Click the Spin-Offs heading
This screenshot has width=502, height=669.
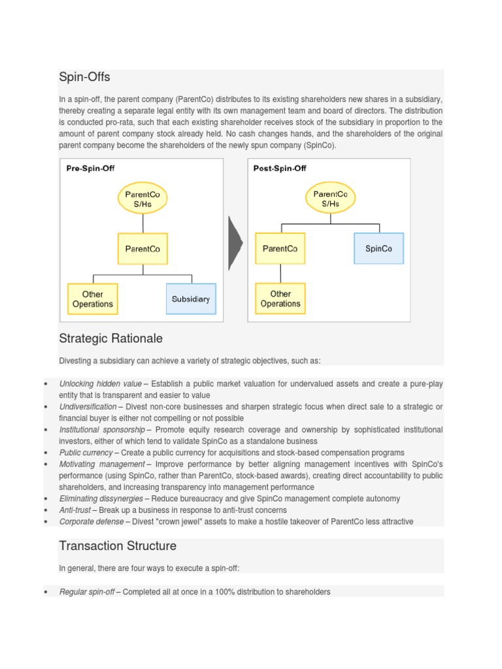click(84, 78)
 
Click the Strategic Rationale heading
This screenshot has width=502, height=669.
click(110, 338)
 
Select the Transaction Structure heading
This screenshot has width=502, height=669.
click(118, 546)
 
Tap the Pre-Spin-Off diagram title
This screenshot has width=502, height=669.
click(90, 168)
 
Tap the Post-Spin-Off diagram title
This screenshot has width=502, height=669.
click(280, 168)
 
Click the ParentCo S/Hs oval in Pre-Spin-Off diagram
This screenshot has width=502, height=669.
click(142, 199)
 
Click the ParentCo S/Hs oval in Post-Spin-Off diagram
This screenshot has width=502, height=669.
click(330, 199)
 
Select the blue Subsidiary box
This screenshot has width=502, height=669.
click(191, 299)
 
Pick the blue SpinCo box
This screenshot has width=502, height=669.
click(378, 248)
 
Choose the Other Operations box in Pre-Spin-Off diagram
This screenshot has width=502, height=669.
click(93, 299)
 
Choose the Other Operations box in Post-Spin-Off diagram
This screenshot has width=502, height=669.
click(280, 299)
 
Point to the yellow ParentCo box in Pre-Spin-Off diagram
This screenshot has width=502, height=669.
click(142, 249)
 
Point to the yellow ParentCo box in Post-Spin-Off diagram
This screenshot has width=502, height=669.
click(280, 248)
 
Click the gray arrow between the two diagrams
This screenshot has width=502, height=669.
click(235, 243)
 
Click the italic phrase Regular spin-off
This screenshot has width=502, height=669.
click(87, 592)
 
